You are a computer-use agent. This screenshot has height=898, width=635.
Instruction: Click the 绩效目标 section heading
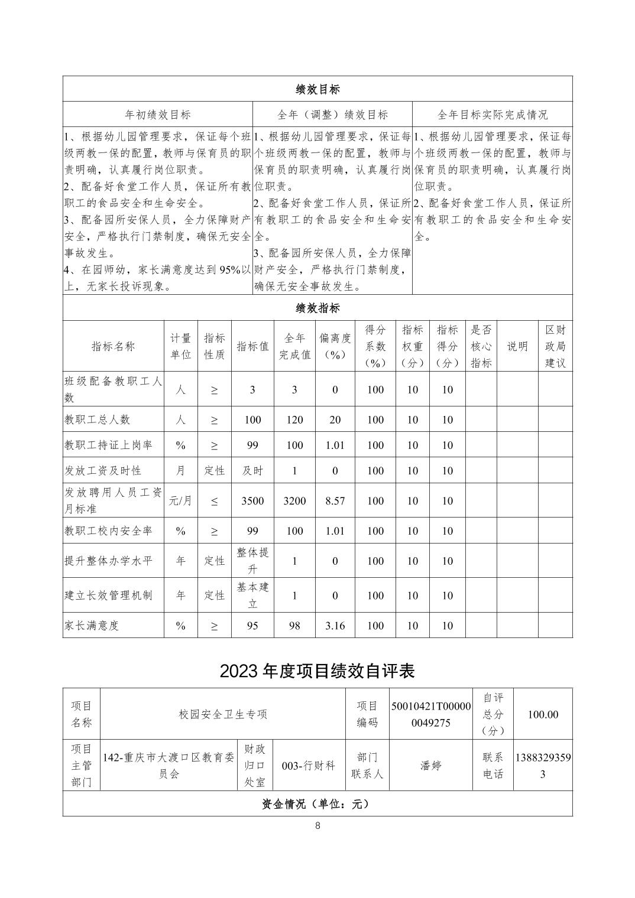click(317, 89)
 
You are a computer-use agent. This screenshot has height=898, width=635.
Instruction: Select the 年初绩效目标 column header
click(158, 115)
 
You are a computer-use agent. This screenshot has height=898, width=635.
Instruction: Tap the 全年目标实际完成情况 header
click(492, 115)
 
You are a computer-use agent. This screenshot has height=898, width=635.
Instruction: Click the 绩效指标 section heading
click(317, 308)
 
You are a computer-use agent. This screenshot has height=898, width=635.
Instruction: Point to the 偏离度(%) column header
click(335, 346)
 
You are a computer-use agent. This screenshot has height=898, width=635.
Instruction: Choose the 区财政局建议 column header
click(555, 346)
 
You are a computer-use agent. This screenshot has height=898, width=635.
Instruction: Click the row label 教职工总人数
click(97, 419)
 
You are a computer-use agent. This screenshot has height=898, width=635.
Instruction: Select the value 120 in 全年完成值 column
click(294, 419)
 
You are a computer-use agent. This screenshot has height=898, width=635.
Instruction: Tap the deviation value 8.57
click(335, 501)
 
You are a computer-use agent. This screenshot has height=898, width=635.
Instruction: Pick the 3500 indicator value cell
click(252, 501)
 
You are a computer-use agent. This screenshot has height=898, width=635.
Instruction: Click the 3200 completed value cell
click(294, 501)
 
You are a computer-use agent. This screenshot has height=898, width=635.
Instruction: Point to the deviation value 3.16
click(335, 626)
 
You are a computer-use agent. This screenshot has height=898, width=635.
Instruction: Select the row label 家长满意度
click(92, 626)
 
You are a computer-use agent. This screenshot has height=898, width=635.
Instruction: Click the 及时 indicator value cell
click(252, 471)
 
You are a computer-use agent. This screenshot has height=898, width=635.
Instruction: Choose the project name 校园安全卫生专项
click(223, 714)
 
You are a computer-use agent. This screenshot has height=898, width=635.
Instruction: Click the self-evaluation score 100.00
click(542, 714)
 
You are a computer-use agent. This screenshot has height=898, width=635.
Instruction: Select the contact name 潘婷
click(430, 766)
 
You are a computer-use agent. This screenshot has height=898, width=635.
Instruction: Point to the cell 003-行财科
click(308, 766)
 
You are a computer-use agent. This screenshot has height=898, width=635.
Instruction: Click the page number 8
click(317, 826)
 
